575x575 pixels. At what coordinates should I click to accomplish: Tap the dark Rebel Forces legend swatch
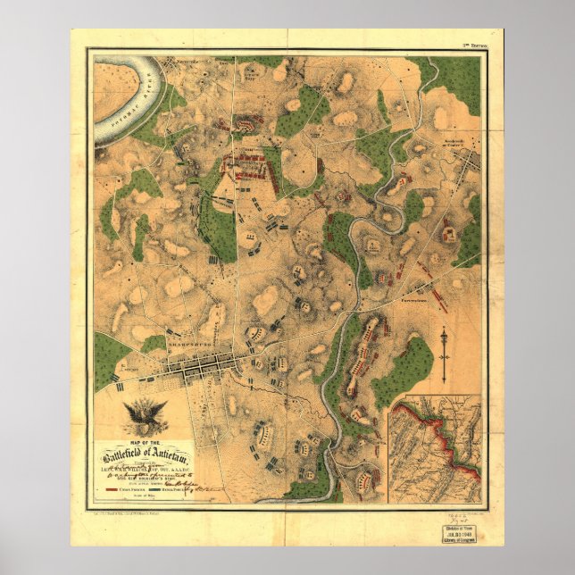pos(170,490)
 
